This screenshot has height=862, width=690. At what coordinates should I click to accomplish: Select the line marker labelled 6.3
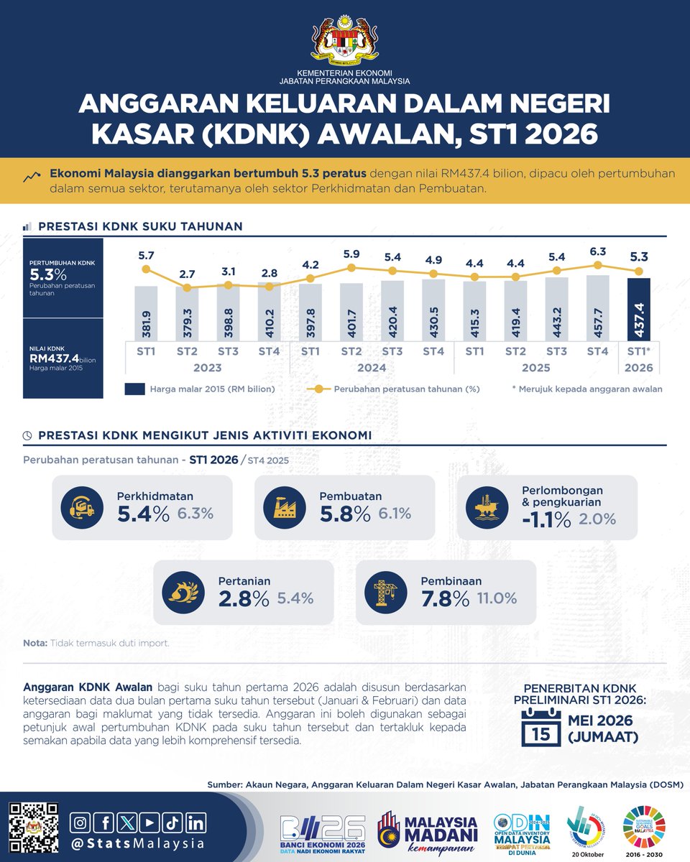pos(598,265)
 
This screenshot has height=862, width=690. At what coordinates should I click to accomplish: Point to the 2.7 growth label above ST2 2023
pos(188,274)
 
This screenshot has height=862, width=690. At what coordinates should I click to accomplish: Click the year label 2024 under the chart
pos(372,368)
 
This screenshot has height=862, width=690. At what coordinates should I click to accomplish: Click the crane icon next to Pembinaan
pos(389,592)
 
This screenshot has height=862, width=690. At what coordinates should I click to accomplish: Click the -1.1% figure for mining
pos(548,519)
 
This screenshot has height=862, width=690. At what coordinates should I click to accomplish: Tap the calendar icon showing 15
pos(541,727)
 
